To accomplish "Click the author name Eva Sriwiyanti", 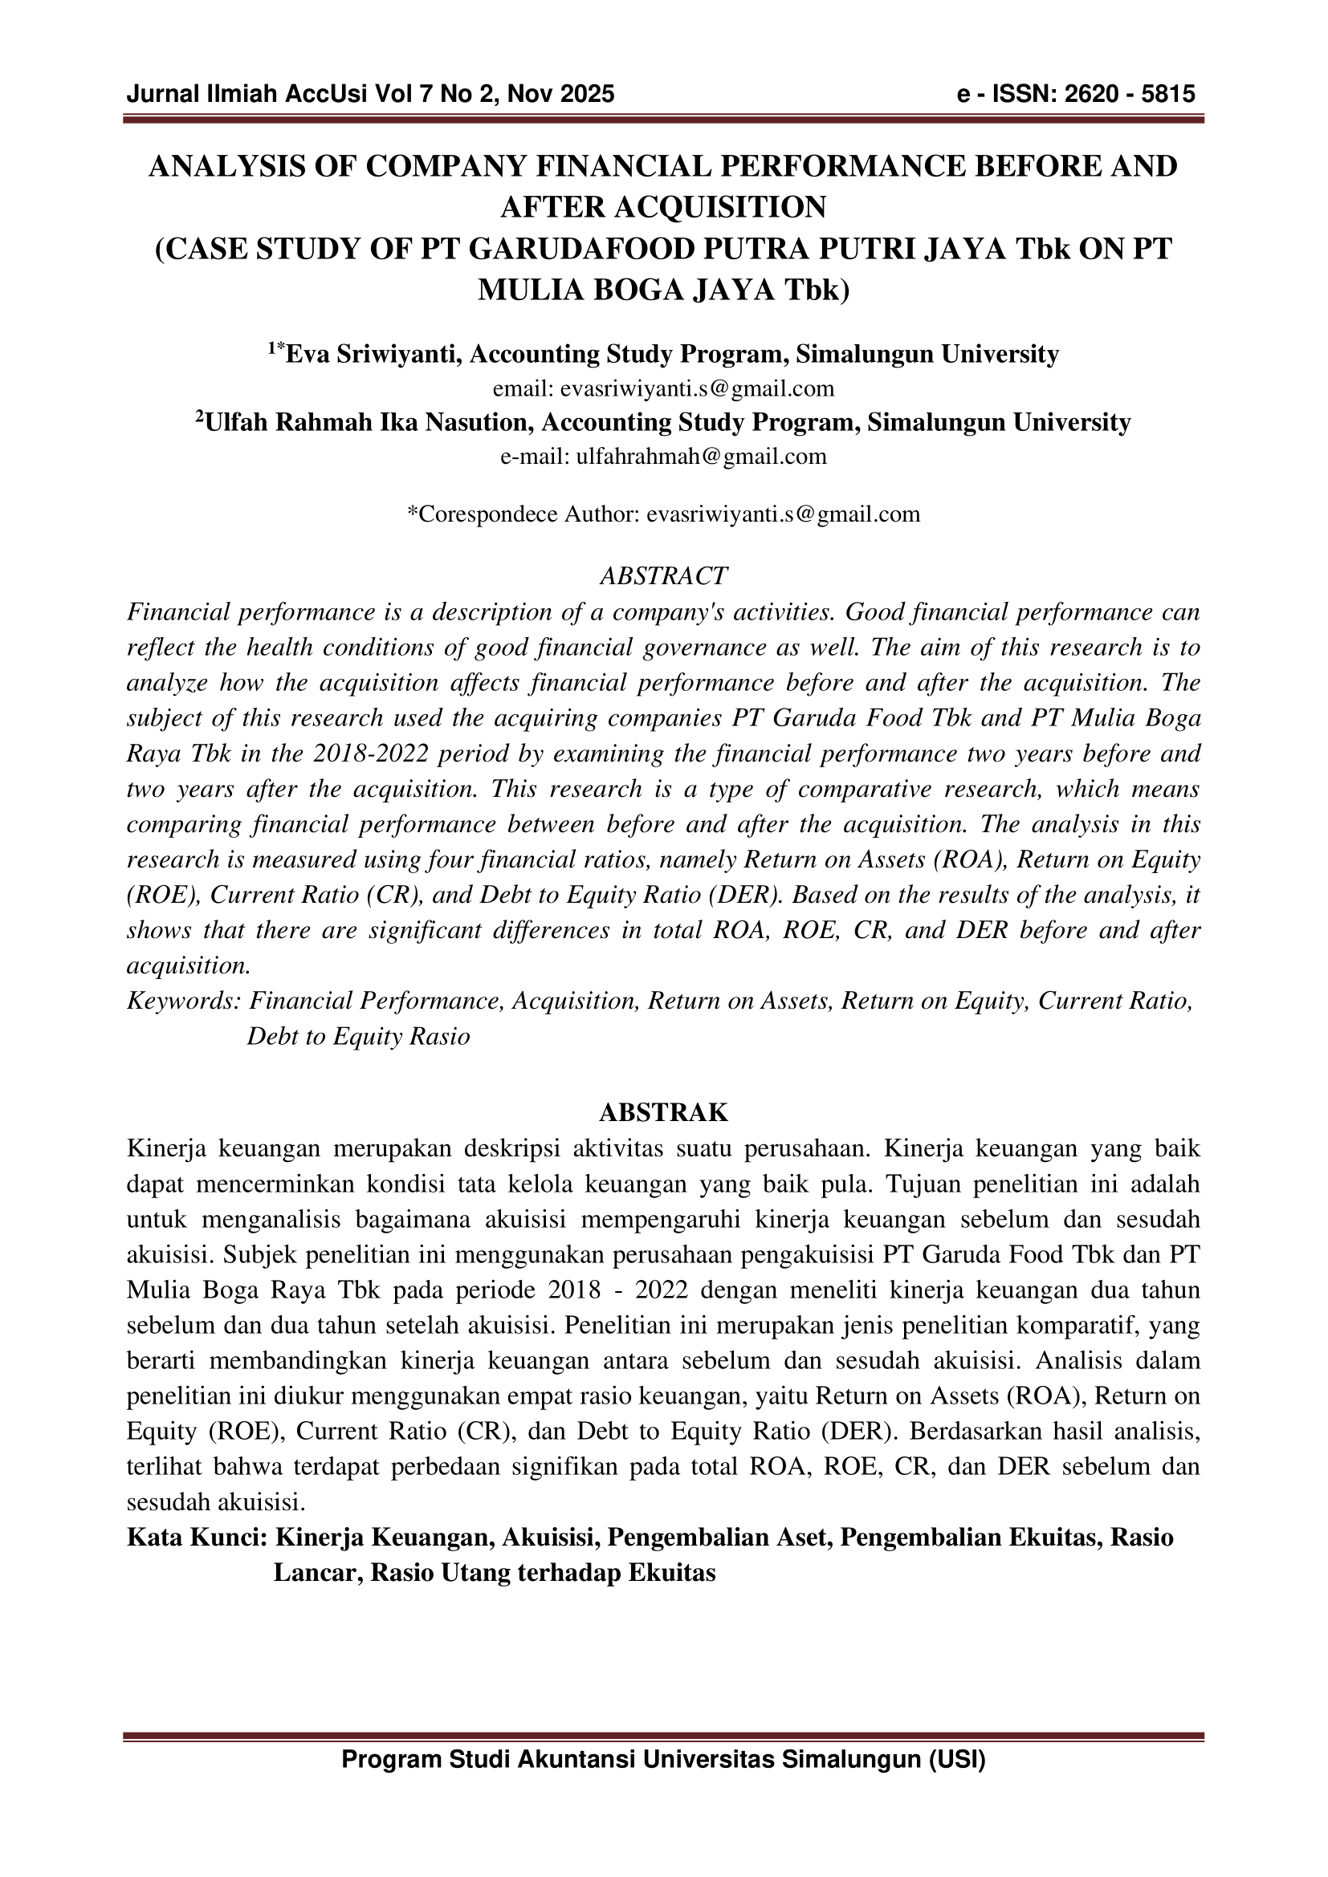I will coord(375,354).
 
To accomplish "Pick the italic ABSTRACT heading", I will coord(663,576).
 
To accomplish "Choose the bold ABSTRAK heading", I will coord(663,1112).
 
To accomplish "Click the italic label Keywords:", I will coord(184,1001).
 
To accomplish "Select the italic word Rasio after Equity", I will coord(440,1037).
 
